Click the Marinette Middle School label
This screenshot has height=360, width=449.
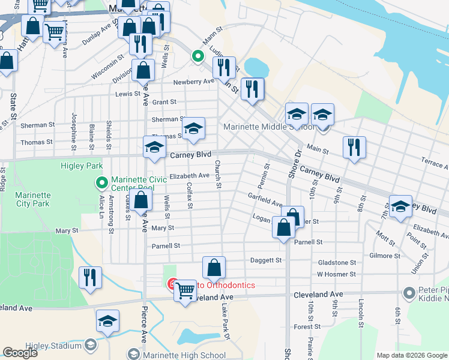[x=268, y=127]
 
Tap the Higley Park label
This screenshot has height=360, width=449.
[x=82, y=166]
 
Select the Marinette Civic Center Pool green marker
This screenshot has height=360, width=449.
[x=101, y=181]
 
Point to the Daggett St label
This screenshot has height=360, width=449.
[x=266, y=260]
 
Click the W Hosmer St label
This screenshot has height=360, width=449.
[x=337, y=274]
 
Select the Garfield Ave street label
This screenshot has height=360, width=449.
[x=265, y=200]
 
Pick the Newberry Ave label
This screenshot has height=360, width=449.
[x=193, y=82]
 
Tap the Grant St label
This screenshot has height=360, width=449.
[x=164, y=103]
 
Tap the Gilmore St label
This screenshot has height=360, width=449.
[x=385, y=256]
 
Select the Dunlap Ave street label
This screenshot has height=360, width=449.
[x=95, y=34]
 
